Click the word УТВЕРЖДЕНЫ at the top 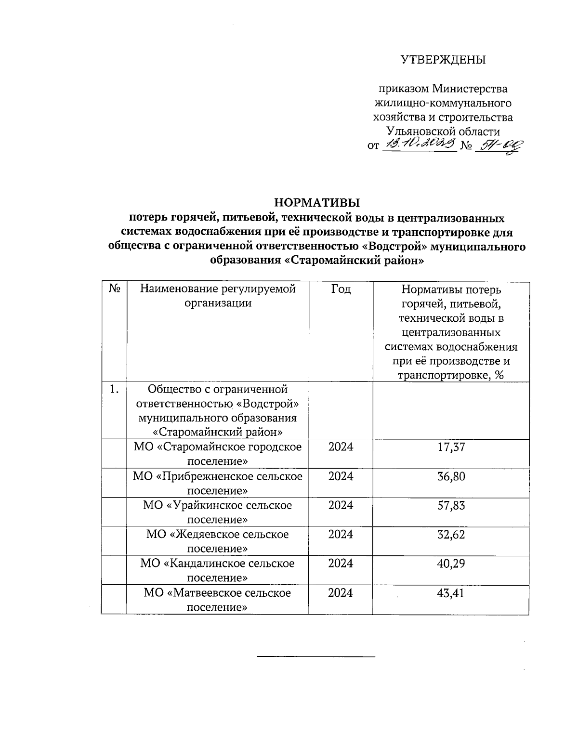443,60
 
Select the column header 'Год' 341,289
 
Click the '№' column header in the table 114,289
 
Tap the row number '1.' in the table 114,389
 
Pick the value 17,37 451,447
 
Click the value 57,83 451,505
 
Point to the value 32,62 451,534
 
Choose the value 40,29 451,563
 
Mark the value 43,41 451,592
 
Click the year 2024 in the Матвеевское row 341,592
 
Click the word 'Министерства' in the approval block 470,89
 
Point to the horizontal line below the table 316,656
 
